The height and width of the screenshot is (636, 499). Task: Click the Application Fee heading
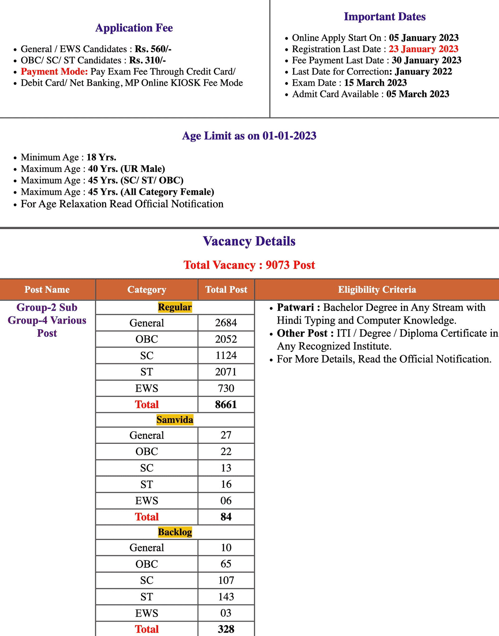click(x=134, y=28)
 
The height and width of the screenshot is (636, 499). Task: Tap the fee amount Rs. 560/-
click(x=153, y=49)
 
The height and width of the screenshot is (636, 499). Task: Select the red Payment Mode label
click(x=54, y=71)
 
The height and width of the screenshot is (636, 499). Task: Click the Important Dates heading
click(x=385, y=17)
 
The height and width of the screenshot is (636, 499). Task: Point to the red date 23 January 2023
click(x=423, y=49)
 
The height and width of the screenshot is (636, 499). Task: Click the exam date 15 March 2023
click(x=375, y=83)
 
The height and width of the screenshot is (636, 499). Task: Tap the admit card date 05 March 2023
click(x=418, y=94)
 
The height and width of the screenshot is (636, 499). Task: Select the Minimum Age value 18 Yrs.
click(x=101, y=157)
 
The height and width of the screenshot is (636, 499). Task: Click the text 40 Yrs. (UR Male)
click(x=126, y=169)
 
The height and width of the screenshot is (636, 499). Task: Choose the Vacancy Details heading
click(x=249, y=241)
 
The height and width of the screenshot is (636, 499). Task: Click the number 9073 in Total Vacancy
click(x=278, y=265)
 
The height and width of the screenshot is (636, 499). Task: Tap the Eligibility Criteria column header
click(x=377, y=290)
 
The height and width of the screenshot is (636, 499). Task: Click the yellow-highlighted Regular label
click(x=175, y=307)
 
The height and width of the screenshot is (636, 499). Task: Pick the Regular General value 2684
click(x=226, y=323)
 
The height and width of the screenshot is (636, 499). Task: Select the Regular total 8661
click(x=226, y=404)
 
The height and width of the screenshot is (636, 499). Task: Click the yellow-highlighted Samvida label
click(x=175, y=420)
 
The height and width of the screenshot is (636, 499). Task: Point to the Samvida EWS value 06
click(x=226, y=501)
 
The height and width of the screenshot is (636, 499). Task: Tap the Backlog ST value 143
click(x=226, y=597)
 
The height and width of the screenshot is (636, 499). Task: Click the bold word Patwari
click(x=295, y=307)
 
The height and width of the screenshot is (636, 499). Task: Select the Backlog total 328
click(x=226, y=629)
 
